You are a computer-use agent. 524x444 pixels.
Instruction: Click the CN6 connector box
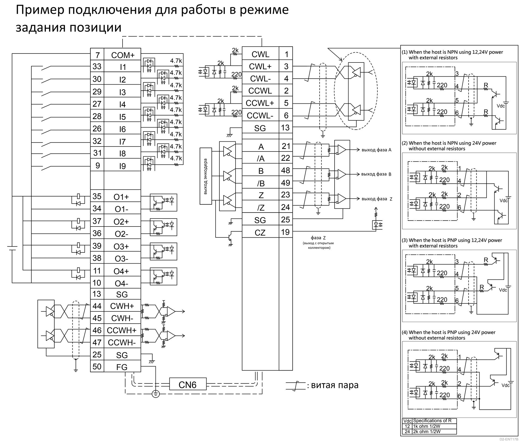[x=188, y=385]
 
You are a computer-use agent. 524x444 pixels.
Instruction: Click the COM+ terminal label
[x=123, y=55]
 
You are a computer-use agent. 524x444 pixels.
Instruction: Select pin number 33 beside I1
[x=97, y=67]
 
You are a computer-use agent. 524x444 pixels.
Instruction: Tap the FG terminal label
[x=122, y=367]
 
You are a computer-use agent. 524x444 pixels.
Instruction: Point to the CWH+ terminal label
[x=122, y=306]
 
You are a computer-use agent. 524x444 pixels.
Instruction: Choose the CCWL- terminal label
[x=260, y=116]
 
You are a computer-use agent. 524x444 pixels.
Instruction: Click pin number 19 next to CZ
[x=285, y=232]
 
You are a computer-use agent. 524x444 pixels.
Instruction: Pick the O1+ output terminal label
[x=121, y=197]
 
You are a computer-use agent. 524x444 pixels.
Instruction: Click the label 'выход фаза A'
[x=376, y=150]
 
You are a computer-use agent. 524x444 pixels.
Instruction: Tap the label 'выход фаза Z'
[x=377, y=199]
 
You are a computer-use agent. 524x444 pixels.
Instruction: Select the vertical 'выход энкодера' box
[x=206, y=176]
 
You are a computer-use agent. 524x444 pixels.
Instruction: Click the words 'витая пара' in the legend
[x=335, y=385]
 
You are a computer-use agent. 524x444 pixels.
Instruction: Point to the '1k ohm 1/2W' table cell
[x=427, y=426]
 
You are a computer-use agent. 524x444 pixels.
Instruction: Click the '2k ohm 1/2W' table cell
[x=427, y=431]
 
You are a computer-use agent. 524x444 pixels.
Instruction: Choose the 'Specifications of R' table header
[x=432, y=421]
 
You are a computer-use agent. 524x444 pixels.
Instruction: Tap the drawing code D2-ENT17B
[x=509, y=439]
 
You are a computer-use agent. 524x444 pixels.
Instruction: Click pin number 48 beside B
[x=285, y=171]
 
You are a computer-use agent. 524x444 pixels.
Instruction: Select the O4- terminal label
[x=121, y=284]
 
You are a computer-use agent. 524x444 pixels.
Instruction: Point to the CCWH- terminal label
[x=122, y=342]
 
